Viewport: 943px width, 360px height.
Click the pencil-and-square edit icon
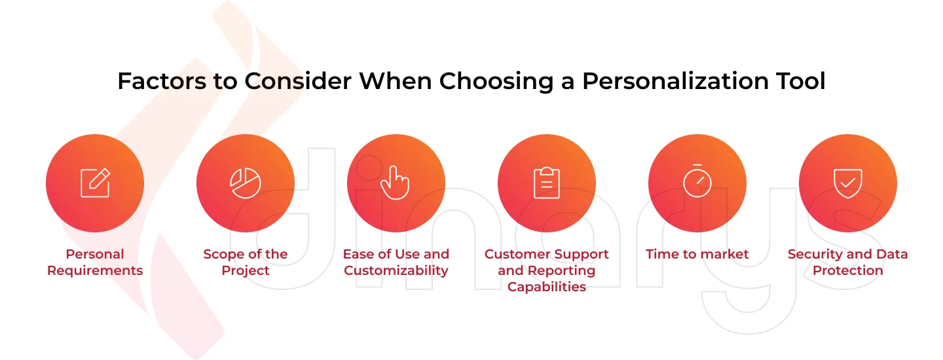coord(95,183)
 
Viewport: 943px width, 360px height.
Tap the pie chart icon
coord(246,183)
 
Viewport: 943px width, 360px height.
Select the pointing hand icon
coord(395,183)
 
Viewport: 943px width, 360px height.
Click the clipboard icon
coord(546,183)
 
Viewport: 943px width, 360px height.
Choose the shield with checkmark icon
coord(848,183)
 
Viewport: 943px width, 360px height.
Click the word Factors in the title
coord(162,81)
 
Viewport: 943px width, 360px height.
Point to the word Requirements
coord(95,270)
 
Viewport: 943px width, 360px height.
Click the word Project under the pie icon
coord(246,270)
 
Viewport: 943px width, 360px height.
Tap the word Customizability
coord(396,270)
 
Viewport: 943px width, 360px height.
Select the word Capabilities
coord(546,287)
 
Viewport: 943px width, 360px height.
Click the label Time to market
coord(697,254)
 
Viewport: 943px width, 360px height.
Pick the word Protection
coord(848,270)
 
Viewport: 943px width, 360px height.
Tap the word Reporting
coord(561,271)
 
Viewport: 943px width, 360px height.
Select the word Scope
coord(223,255)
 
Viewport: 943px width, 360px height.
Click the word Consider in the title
coord(298,81)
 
